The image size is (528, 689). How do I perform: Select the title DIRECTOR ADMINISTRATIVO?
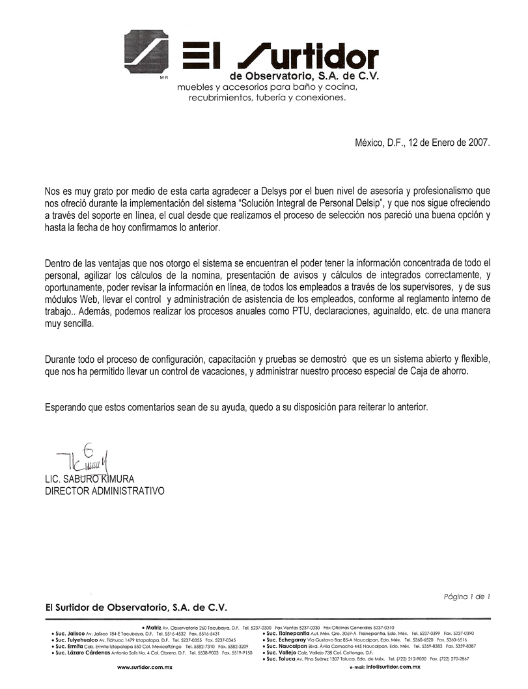(x=104, y=491)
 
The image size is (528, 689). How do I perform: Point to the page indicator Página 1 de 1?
(x=467, y=596)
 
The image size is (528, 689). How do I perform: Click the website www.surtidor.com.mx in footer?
(x=144, y=668)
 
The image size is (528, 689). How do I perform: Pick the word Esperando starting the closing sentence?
(x=66, y=408)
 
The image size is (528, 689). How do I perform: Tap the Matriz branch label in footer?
(x=154, y=626)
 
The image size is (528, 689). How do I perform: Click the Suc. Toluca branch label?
(x=279, y=659)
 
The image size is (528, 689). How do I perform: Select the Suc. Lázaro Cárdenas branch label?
(x=84, y=652)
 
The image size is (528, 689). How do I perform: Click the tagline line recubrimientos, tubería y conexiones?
(x=267, y=98)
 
